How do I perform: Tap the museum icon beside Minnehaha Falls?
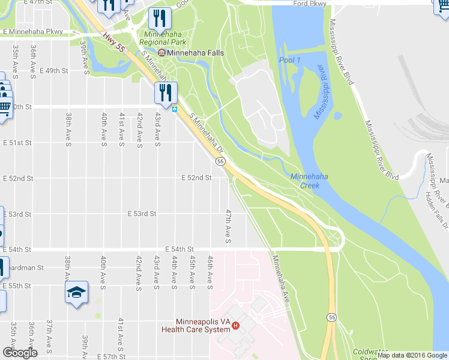161,53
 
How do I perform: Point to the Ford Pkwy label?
309,4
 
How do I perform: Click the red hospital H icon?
236,326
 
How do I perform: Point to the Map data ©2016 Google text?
412,355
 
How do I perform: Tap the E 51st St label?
17,143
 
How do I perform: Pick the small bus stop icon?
175,109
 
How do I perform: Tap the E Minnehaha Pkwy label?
32,31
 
